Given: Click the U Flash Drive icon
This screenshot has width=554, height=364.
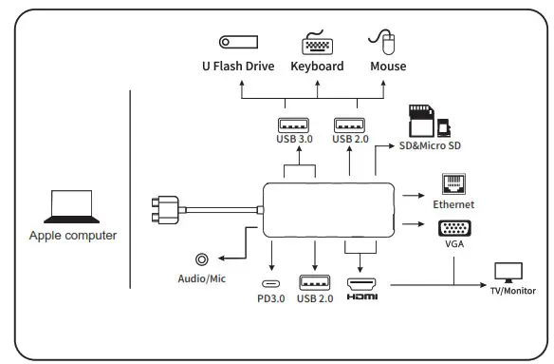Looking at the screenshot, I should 238,42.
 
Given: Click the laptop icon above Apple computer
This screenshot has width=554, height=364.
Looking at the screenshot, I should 71,206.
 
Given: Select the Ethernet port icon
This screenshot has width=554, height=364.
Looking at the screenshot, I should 452,184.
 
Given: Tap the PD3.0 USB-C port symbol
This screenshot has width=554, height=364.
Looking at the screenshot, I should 270,284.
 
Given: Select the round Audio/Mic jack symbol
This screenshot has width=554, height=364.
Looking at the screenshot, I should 201,258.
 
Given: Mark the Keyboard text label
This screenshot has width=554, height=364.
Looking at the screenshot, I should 317,67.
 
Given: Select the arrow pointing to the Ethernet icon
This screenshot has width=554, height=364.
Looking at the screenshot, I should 413,195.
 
